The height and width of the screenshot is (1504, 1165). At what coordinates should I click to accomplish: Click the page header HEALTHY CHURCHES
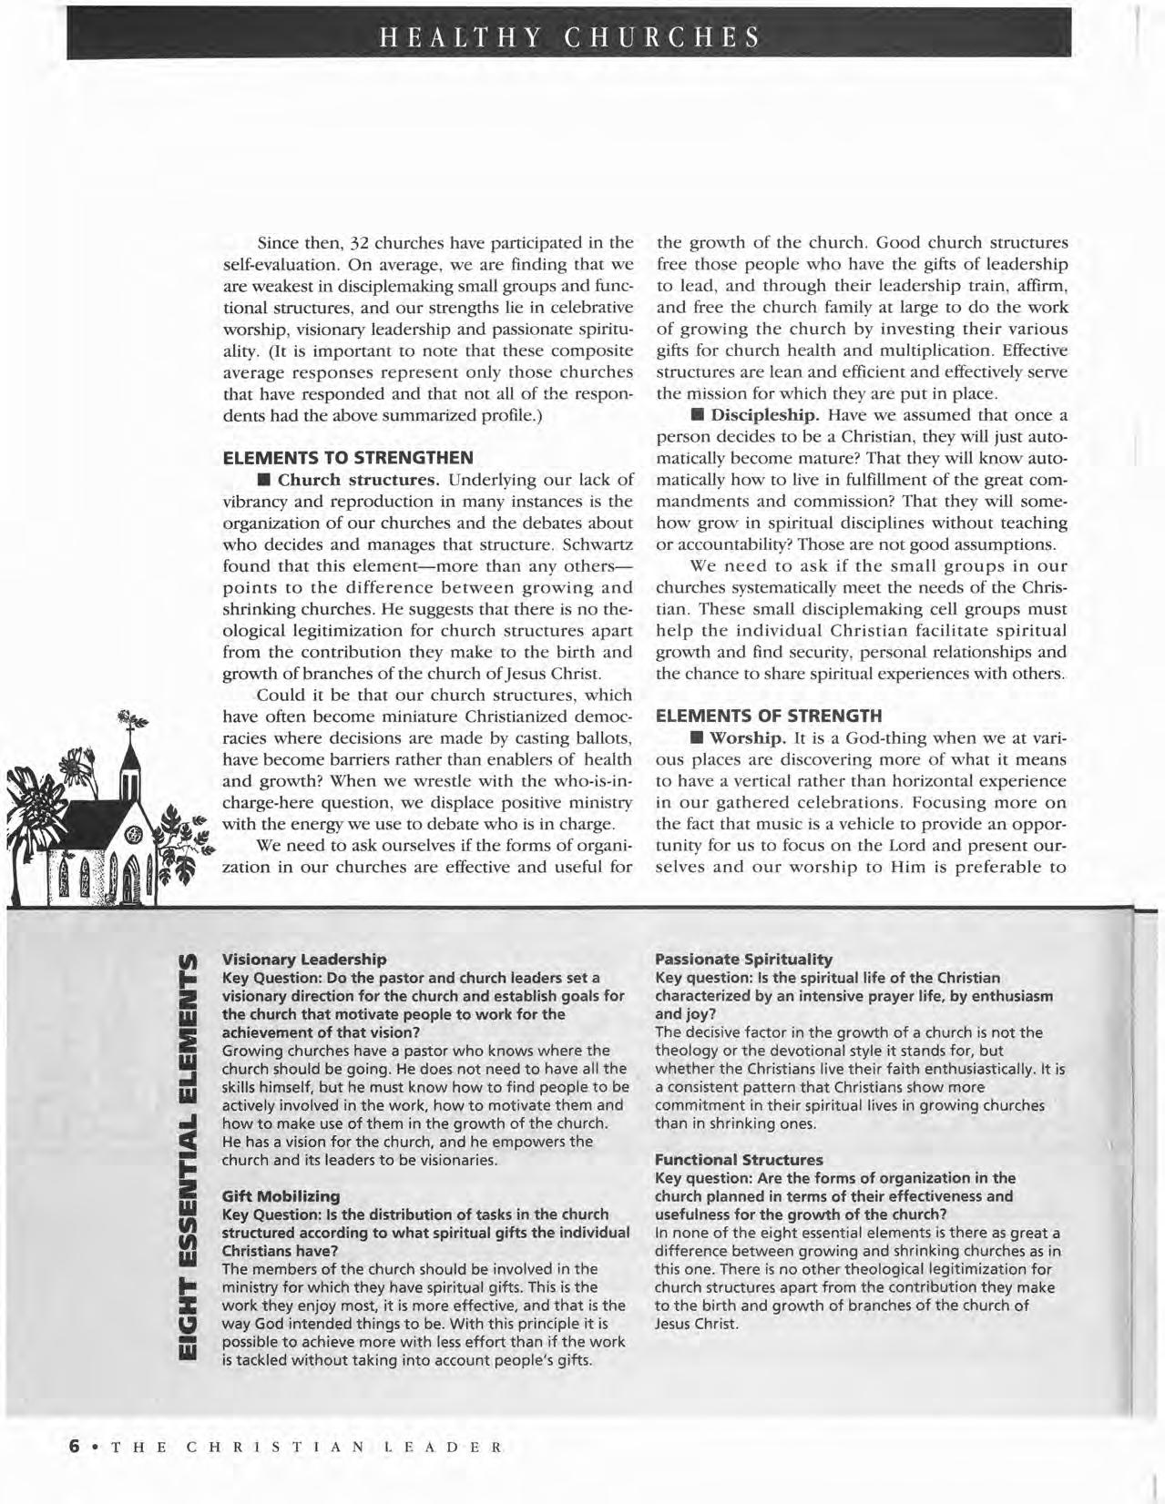(569, 36)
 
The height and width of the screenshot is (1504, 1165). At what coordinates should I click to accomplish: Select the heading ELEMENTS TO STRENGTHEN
(348, 457)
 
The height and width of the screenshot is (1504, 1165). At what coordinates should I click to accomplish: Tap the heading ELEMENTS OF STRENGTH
(769, 716)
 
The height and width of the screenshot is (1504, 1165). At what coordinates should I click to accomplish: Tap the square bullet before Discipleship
(698, 415)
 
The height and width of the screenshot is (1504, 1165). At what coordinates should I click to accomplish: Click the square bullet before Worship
(698, 737)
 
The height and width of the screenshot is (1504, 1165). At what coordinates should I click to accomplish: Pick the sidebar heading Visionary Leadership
(304, 959)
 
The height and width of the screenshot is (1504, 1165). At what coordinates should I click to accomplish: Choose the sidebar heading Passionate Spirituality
(743, 959)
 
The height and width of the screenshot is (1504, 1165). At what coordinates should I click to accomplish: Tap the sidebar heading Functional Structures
(739, 1159)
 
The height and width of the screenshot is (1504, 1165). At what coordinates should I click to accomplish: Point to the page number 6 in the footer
(76, 1447)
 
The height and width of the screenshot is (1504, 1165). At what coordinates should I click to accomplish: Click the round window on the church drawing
(133, 833)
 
